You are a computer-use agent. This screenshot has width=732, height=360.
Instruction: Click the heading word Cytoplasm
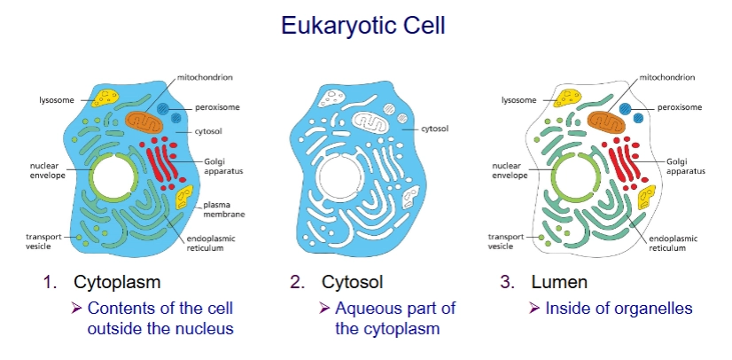pyautogui.click(x=118, y=283)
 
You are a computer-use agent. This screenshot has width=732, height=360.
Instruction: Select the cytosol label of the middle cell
pyautogui.click(x=438, y=128)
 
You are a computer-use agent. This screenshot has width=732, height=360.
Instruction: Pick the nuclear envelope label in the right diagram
pyautogui.click(x=510, y=170)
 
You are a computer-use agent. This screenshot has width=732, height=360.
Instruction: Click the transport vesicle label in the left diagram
pyautogui.click(x=44, y=240)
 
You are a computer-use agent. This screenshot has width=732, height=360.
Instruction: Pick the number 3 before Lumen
pyautogui.click(x=508, y=283)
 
